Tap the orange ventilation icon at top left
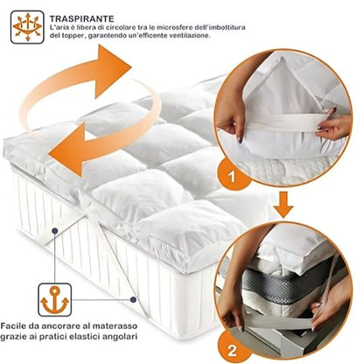coord(26,26)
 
